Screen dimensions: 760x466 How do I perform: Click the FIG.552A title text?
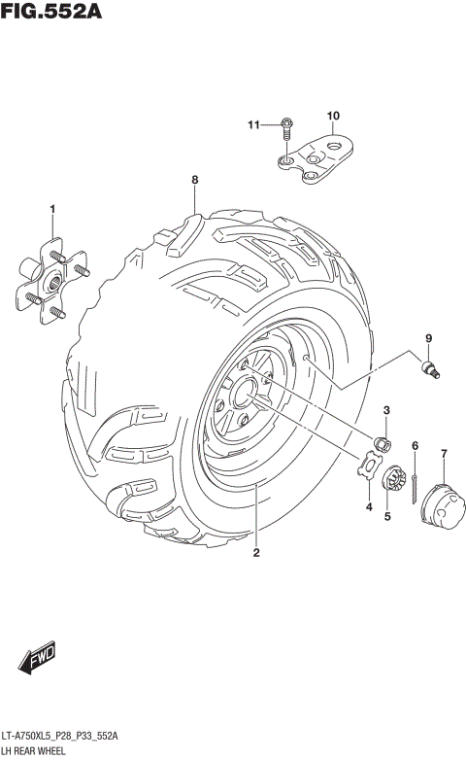53,13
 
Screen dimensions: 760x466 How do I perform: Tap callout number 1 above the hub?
53,209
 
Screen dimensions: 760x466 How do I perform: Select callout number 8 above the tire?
194,181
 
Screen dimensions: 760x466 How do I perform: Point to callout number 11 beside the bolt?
252,124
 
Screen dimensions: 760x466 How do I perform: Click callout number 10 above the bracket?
332,117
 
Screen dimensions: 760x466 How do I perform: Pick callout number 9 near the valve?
426,337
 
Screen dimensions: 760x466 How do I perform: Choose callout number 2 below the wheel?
256,554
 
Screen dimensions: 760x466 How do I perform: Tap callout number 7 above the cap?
444,453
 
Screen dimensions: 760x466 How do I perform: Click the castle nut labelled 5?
394,478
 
